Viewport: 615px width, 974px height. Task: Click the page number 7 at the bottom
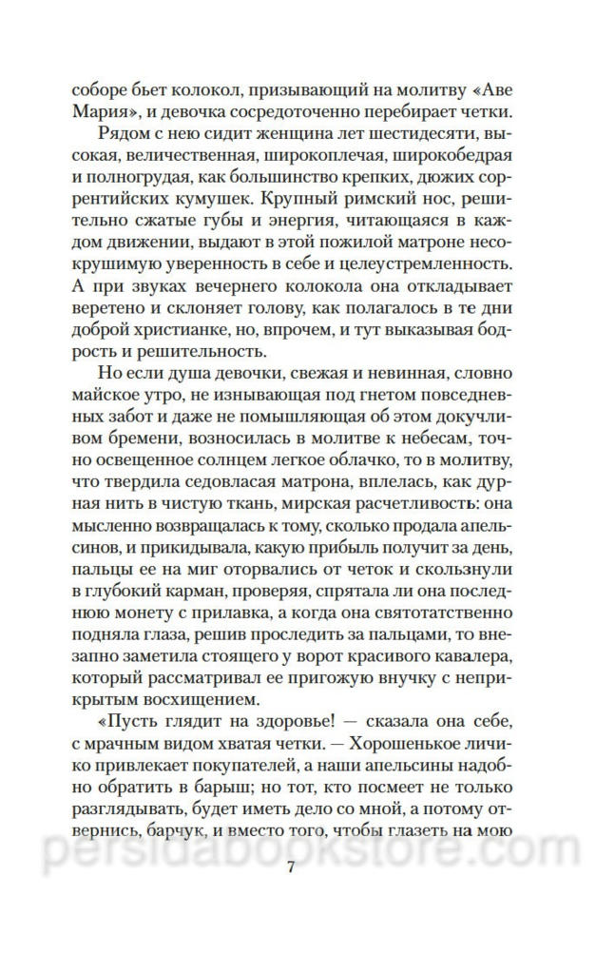coord(306,868)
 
